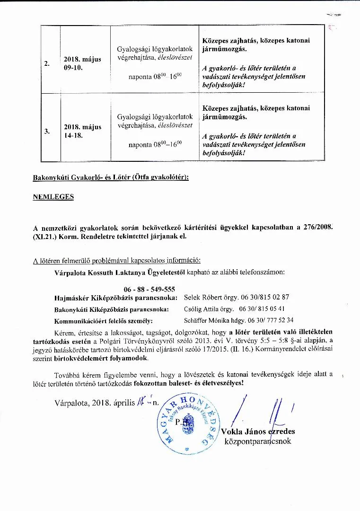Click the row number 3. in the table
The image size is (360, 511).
point(47,132)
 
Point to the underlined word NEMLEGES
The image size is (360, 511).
point(53,197)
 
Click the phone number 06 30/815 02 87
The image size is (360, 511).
point(264,298)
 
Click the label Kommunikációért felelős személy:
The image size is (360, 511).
point(103,320)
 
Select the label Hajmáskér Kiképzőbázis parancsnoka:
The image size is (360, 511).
point(116,298)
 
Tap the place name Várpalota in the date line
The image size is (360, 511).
point(71,403)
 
